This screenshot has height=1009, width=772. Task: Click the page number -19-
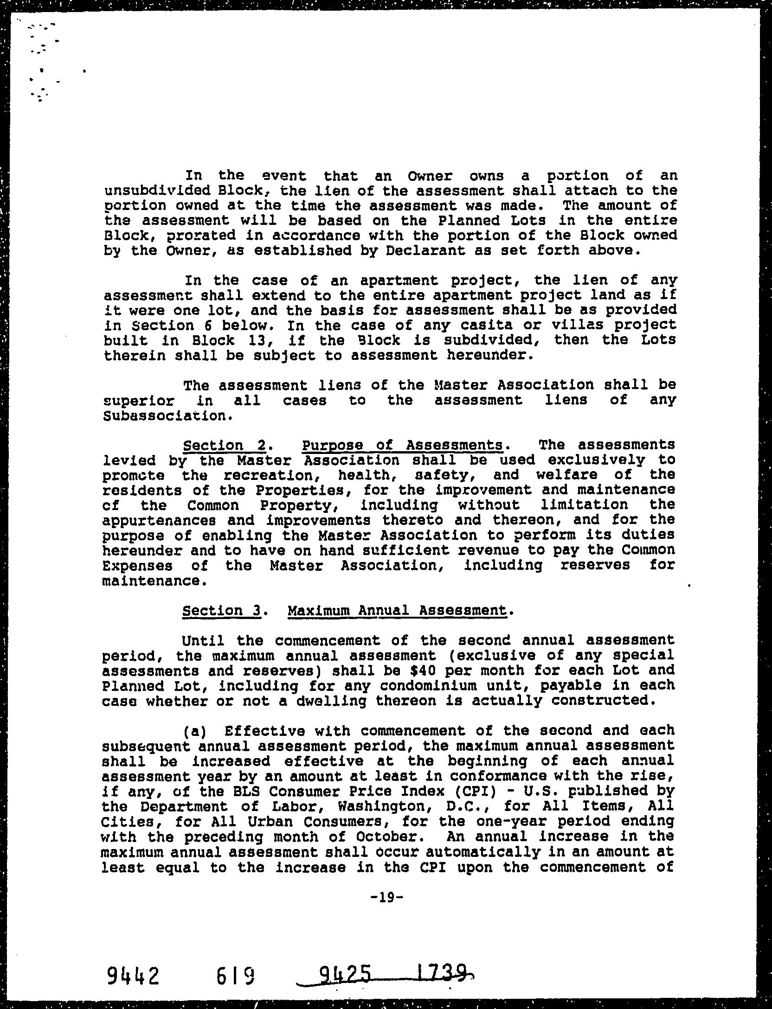(x=386, y=897)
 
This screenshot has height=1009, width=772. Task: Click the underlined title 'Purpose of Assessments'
(x=402, y=445)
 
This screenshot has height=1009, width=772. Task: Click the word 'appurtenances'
(x=164, y=520)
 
